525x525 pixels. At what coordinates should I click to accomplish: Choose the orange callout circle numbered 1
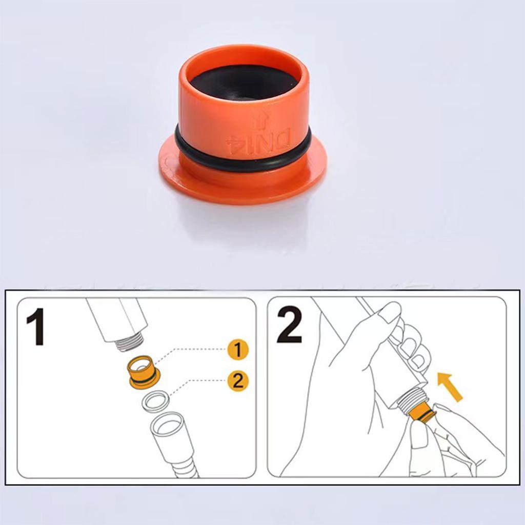pyautogui.click(x=238, y=351)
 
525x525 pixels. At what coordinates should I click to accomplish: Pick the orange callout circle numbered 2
pyautogui.click(x=238, y=381)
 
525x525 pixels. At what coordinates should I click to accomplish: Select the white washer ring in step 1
pyautogui.click(x=156, y=399)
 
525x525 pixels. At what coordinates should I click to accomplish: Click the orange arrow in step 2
pyautogui.click(x=450, y=387)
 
